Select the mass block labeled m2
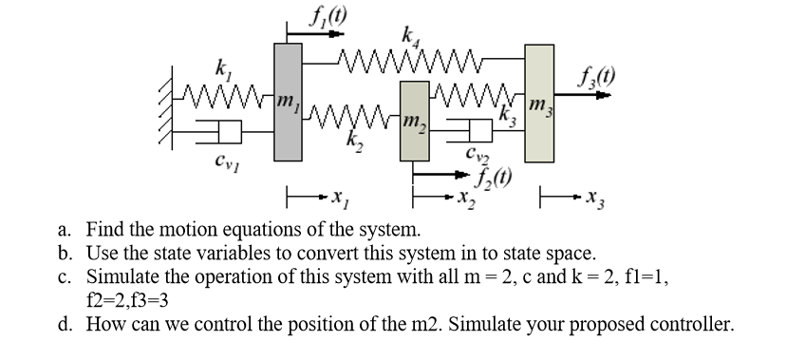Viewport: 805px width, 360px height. (413, 119)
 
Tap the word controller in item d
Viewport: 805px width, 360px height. (690, 325)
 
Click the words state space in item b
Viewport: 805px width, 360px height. (547, 254)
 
